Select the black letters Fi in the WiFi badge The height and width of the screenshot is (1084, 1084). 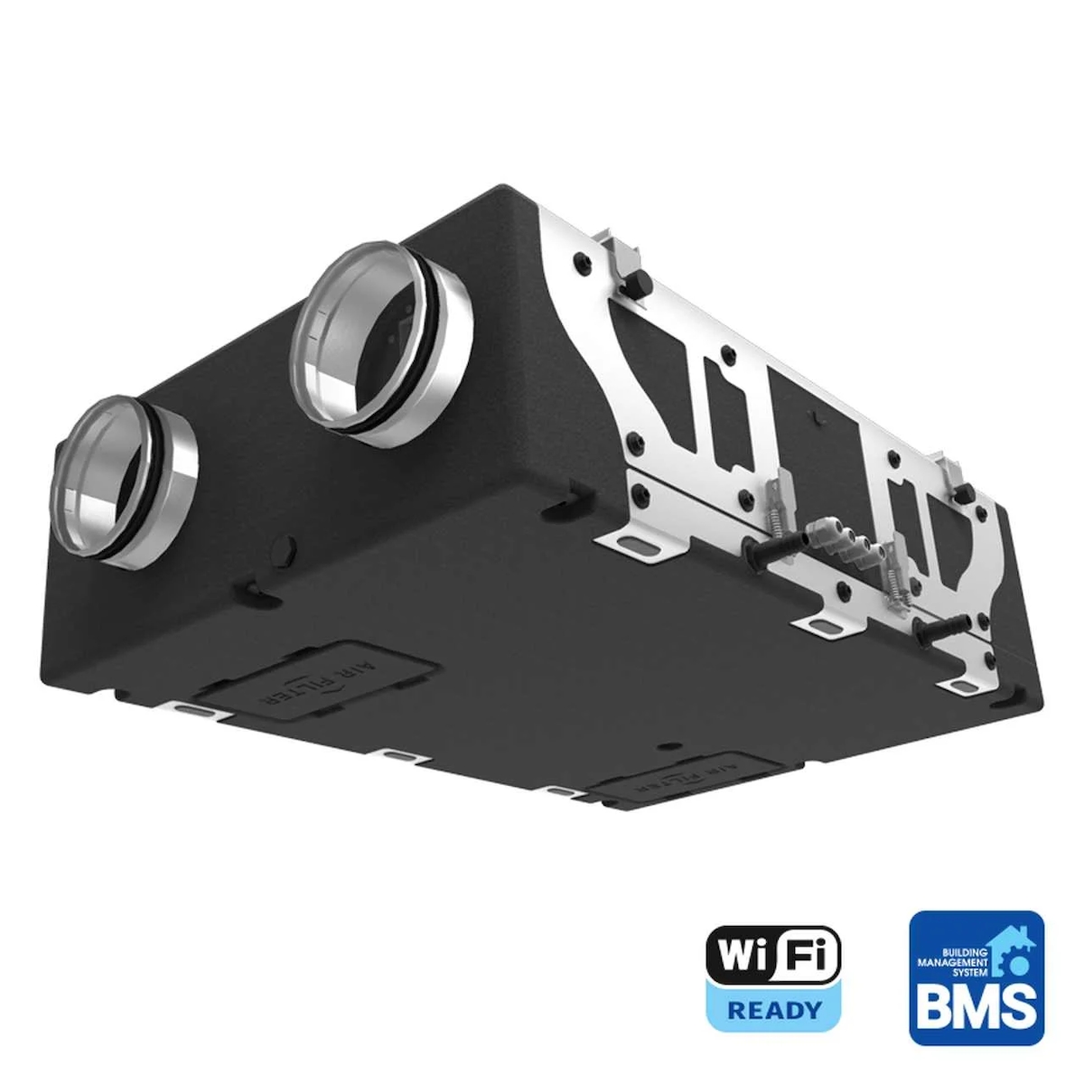[x=806, y=956]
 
